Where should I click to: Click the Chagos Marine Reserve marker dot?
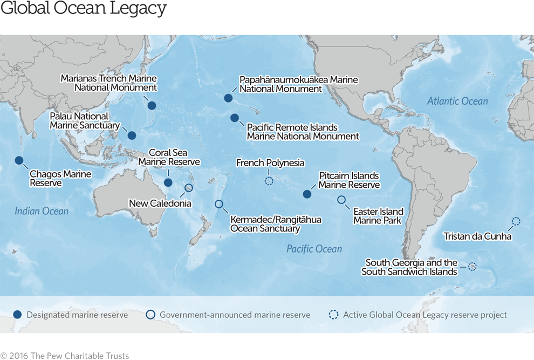(19, 160)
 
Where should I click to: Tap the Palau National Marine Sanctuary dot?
(132, 135)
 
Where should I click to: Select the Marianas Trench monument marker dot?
(152, 106)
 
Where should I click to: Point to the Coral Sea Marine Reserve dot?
(168, 183)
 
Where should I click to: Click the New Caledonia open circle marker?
(189, 188)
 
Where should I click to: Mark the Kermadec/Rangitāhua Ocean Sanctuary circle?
(218, 204)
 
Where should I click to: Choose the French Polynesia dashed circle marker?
(269, 181)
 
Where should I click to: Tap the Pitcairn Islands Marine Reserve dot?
(307, 194)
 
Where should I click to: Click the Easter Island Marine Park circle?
(341, 200)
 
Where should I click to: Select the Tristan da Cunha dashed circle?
(516, 221)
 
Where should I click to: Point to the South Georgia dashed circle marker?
(472, 266)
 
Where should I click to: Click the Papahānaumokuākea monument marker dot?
(228, 98)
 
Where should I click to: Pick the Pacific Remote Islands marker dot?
(234, 118)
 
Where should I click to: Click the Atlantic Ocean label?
(457, 101)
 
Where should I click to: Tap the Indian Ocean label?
(42, 211)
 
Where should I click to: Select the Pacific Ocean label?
(314, 249)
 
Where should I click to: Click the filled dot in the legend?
(18, 315)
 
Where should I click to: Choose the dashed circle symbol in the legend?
(334, 315)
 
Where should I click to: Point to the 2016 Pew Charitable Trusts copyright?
(65, 356)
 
